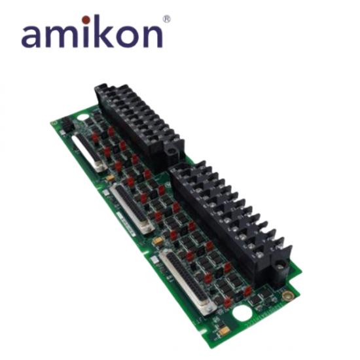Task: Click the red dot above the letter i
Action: (86, 20)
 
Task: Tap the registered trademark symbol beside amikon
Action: (167, 19)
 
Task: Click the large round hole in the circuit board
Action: (242, 314)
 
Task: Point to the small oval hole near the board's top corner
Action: (82, 118)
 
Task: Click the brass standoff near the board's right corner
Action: (287, 295)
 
